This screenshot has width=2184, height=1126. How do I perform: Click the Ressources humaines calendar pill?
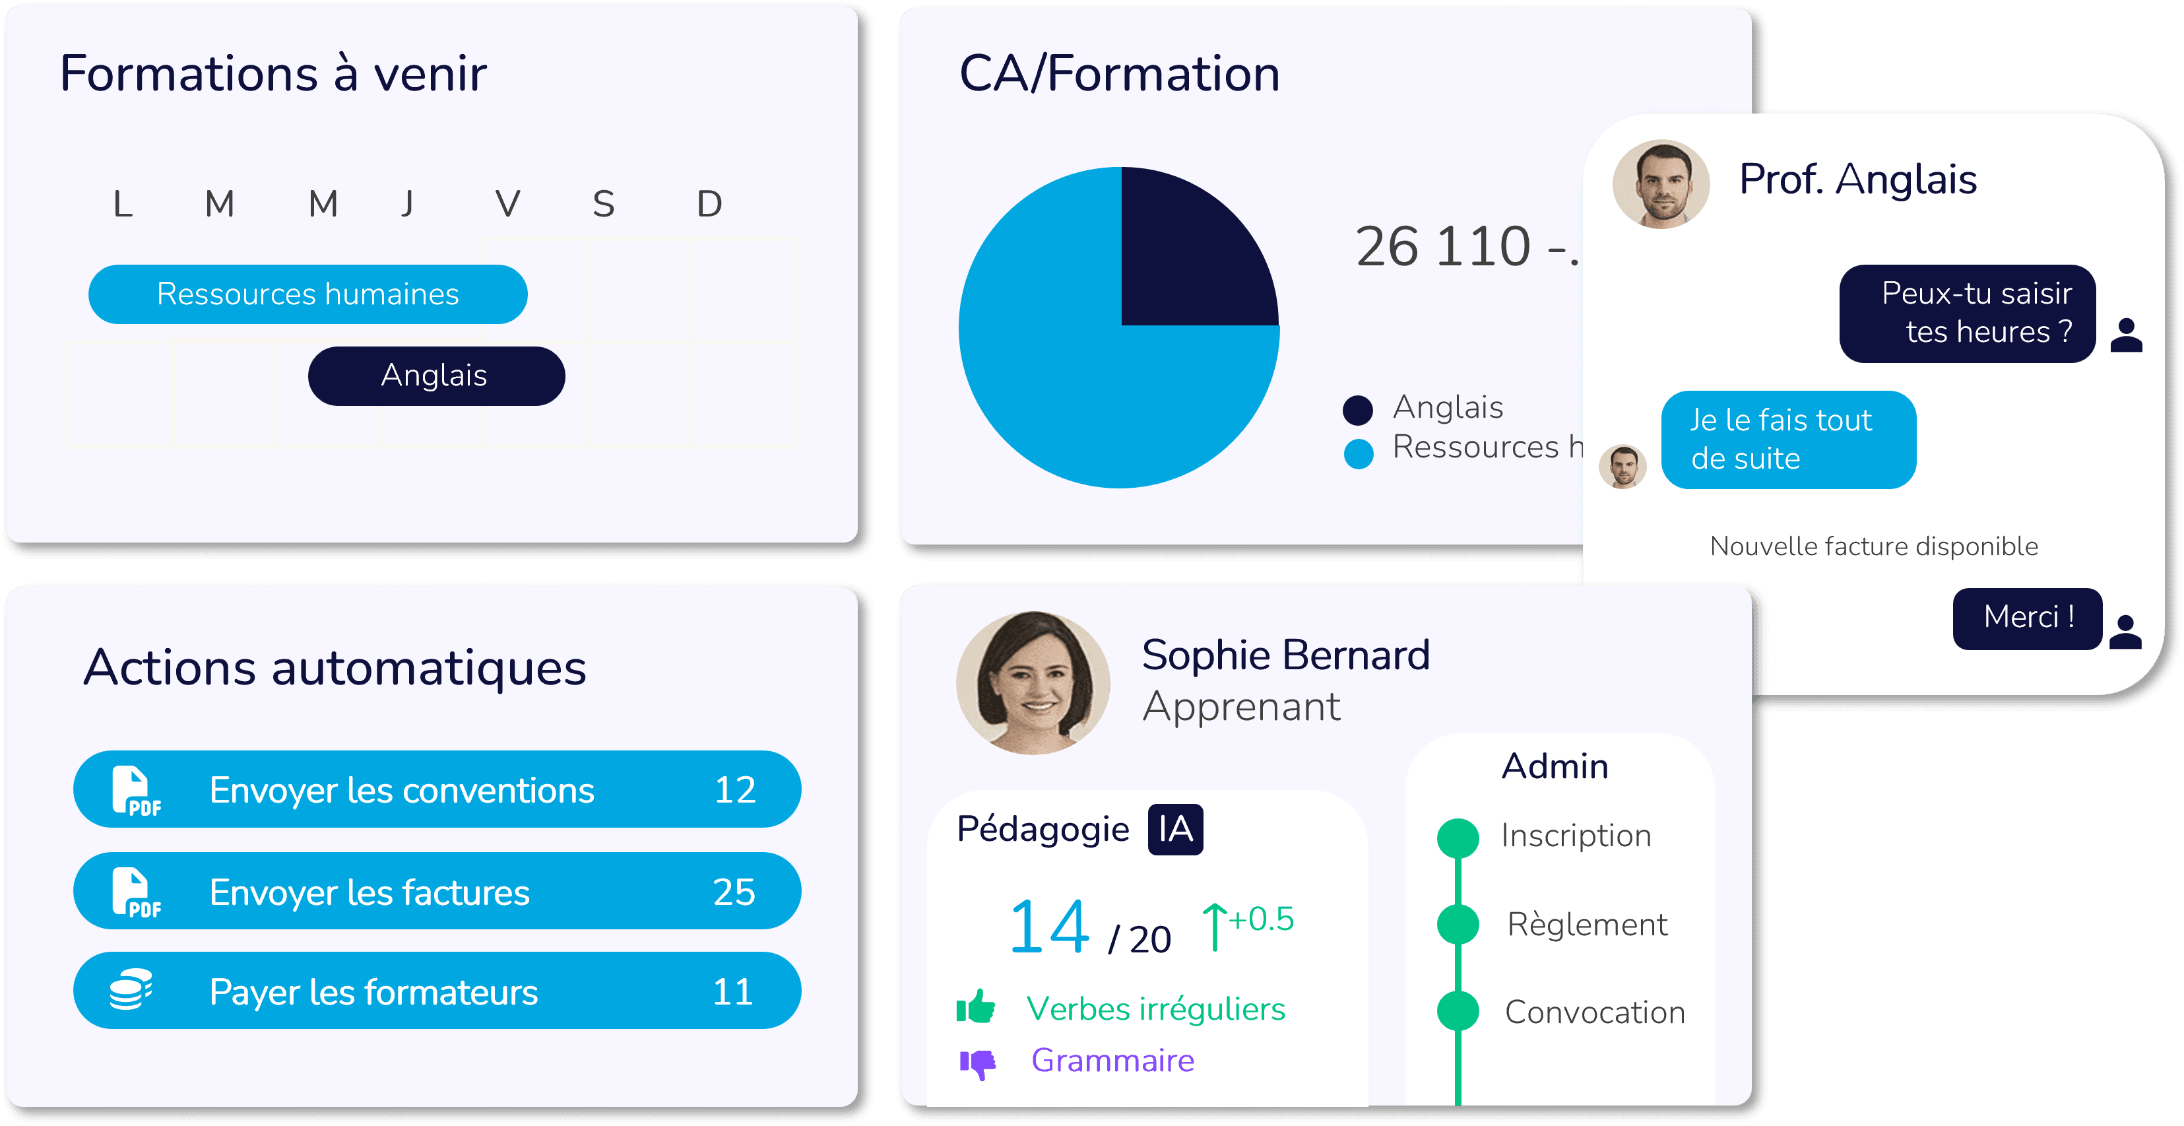point(307,294)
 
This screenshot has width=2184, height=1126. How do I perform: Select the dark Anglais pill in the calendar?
point(435,376)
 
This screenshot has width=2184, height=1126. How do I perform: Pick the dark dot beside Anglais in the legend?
point(1357,409)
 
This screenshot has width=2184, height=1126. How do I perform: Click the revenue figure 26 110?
point(1443,247)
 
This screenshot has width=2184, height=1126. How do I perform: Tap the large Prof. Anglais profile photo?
point(1661,184)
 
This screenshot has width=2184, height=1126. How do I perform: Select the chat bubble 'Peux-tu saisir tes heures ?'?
point(1967,313)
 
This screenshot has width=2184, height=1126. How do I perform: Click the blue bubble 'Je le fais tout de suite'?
point(1787,439)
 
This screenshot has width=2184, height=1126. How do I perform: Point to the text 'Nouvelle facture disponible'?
point(1874,546)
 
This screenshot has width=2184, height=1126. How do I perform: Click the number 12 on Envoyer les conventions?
point(734,790)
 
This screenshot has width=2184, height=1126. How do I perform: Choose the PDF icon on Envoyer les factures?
point(136,893)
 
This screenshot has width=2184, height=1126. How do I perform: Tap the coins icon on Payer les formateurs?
point(131,989)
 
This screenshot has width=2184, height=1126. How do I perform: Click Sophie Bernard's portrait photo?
point(1033,682)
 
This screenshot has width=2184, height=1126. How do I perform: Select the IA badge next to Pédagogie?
point(1175,829)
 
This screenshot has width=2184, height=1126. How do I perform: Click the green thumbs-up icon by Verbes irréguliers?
point(976,1007)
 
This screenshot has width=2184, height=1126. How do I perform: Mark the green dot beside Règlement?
point(1458,923)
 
